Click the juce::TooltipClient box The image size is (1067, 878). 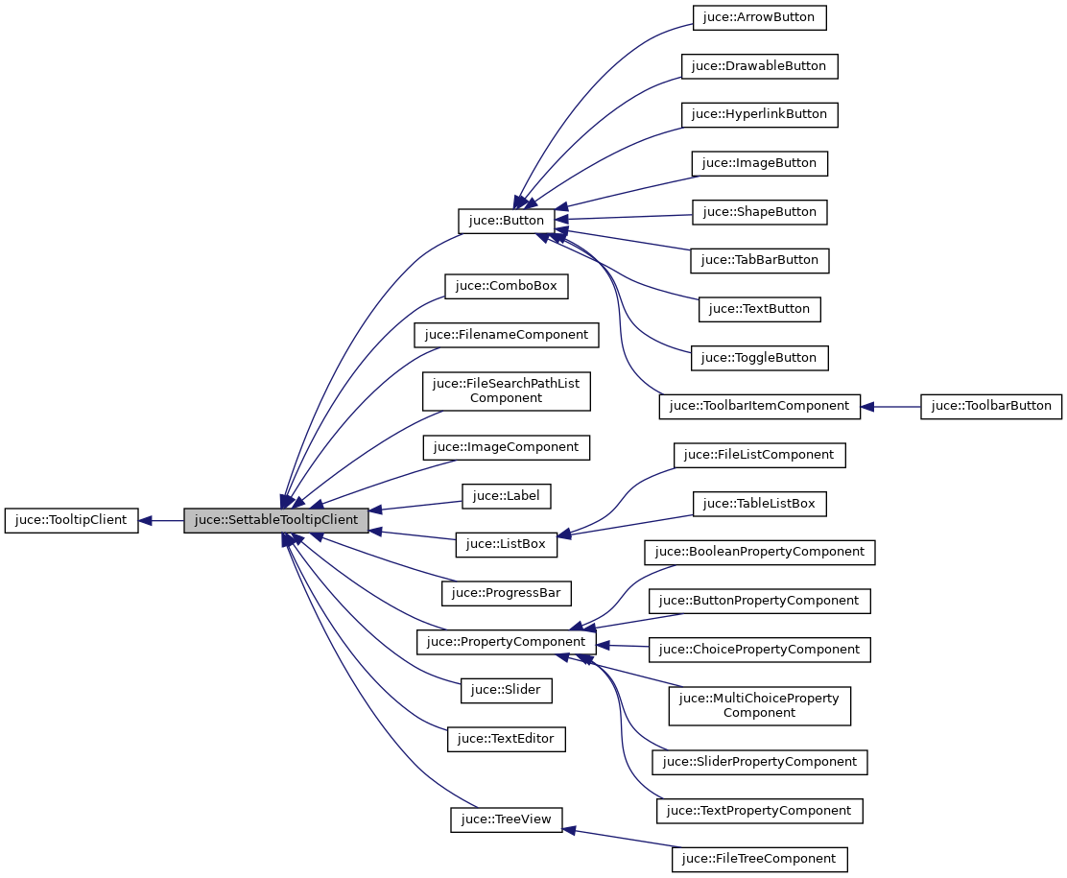[x=72, y=521]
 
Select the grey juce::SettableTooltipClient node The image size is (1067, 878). [x=276, y=521]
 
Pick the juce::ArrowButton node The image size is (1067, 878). [x=759, y=17]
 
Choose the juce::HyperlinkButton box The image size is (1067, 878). [x=759, y=114]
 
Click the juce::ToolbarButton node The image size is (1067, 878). [x=992, y=406]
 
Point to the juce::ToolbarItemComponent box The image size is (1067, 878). [x=759, y=406]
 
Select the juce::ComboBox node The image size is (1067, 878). [x=507, y=286]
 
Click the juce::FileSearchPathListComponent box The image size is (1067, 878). [x=507, y=391]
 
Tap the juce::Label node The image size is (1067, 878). [x=507, y=496]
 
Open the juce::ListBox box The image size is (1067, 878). [x=506, y=544]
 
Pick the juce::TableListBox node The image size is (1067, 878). [x=759, y=503]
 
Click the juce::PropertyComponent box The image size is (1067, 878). [x=506, y=642]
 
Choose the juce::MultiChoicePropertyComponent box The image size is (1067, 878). [x=759, y=705]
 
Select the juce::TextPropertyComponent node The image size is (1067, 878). [x=759, y=811]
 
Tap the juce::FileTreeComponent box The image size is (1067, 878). [x=759, y=859]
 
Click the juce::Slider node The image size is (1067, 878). [x=506, y=690]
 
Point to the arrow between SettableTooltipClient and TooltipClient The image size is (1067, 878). [x=161, y=521]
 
